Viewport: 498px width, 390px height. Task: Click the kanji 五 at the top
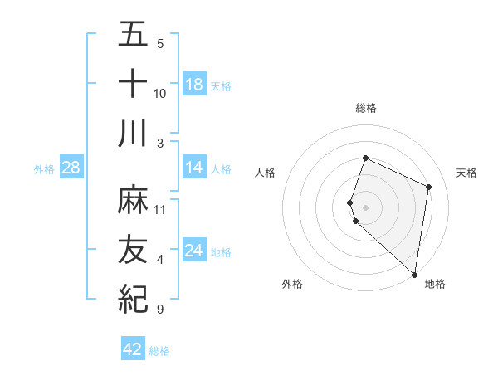click(x=133, y=36)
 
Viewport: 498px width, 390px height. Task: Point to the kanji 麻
click(x=133, y=200)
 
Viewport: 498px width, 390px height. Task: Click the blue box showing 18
click(x=194, y=85)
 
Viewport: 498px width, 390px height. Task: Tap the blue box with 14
click(x=194, y=168)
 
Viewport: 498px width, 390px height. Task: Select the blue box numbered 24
click(x=194, y=251)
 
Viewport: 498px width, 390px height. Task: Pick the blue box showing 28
click(x=71, y=168)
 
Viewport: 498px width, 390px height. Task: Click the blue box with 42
click(x=133, y=349)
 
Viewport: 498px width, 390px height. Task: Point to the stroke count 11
click(x=160, y=209)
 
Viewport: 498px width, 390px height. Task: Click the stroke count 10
click(x=160, y=93)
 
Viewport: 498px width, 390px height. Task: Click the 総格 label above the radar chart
click(x=365, y=108)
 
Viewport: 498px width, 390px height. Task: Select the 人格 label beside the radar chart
click(x=266, y=173)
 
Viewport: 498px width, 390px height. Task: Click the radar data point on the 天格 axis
click(x=428, y=187)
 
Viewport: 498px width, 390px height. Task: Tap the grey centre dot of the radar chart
click(x=365, y=207)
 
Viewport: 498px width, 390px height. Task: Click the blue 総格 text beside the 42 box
click(x=160, y=351)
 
